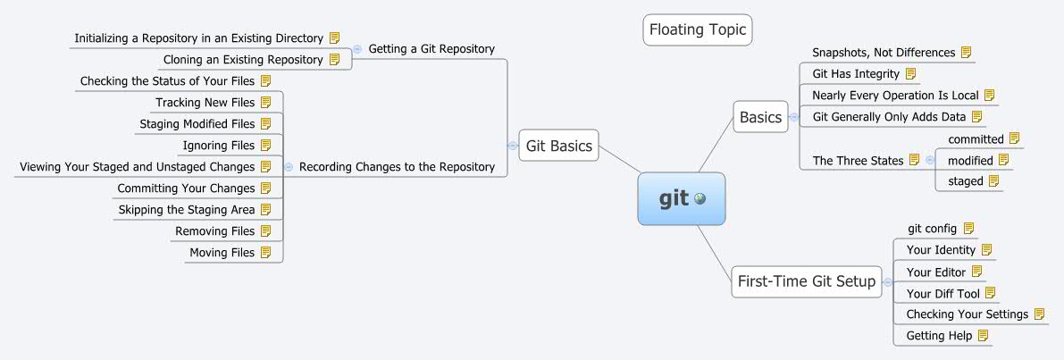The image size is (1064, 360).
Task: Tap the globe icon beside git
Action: (x=700, y=199)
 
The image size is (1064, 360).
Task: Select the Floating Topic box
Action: (x=697, y=29)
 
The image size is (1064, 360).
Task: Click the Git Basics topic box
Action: (x=559, y=146)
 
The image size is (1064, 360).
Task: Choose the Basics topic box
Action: (x=760, y=117)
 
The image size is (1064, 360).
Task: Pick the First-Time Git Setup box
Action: (x=806, y=281)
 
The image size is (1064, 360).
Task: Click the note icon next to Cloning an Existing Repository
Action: (x=335, y=60)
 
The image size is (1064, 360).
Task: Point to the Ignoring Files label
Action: (x=219, y=146)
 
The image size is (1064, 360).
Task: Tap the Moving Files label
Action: (x=222, y=253)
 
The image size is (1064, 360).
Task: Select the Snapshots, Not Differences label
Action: (x=884, y=53)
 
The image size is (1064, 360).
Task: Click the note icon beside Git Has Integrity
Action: (x=910, y=74)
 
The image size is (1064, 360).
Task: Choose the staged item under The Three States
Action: (x=965, y=181)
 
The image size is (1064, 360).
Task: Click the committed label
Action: (x=976, y=139)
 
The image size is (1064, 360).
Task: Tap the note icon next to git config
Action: (x=968, y=229)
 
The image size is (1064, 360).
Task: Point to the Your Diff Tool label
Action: (x=943, y=293)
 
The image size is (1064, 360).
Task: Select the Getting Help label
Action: (x=939, y=336)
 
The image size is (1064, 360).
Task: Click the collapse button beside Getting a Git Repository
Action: (x=356, y=49)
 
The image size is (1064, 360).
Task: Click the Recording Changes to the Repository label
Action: (x=397, y=166)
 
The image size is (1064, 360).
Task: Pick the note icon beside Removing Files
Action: (x=265, y=231)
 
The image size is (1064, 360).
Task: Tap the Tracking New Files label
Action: (x=205, y=103)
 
